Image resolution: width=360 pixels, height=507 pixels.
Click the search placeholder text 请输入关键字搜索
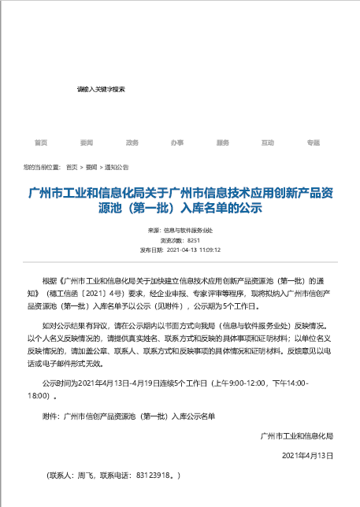tap(101, 90)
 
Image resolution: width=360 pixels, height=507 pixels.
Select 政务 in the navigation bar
tap(132, 142)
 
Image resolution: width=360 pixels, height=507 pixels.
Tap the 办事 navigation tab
tap(177, 142)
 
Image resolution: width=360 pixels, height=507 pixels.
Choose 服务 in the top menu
tap(222, 142)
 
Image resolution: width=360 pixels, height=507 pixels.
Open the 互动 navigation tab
tap(268, 142)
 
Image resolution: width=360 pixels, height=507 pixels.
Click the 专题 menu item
tap(314, 142)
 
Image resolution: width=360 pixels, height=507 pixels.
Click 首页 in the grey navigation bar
tap(41, 142)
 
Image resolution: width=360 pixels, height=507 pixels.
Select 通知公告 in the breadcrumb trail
tap(117, 168)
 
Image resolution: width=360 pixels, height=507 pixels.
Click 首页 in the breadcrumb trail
tap(72, 168)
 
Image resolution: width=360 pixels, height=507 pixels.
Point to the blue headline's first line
tap(180, 194)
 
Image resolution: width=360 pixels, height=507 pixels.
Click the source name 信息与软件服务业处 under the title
tap(187, 230)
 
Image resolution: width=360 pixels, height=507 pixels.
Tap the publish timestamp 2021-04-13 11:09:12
tap(194, 249)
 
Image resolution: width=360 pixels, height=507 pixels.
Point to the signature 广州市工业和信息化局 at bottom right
tap(297, 435)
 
